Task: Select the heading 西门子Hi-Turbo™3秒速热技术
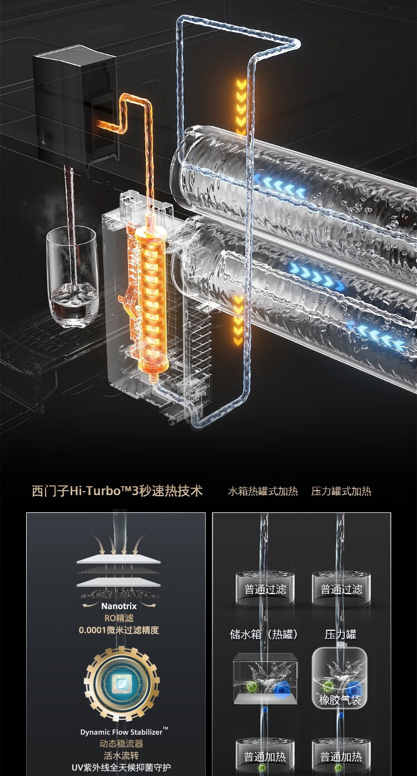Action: [x=117, y=491]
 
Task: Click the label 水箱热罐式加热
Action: [x=263, y=491]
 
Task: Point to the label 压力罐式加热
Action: [x=341, y=491]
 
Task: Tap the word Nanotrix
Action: [x=119, y=606]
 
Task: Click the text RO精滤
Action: [x=118, y=618]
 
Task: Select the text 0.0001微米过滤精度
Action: [x=118, y=630]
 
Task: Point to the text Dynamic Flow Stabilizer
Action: [x=119, y=732]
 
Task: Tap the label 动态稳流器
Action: [x=121, y=744]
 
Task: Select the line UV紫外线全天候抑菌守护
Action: [x=121, y=768]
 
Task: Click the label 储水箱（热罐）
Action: [x=264, y=634]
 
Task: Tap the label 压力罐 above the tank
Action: [x=341, y=634]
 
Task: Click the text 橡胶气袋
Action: [x=340, y=700]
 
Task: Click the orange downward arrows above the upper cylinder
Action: [x=241, y=106]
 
